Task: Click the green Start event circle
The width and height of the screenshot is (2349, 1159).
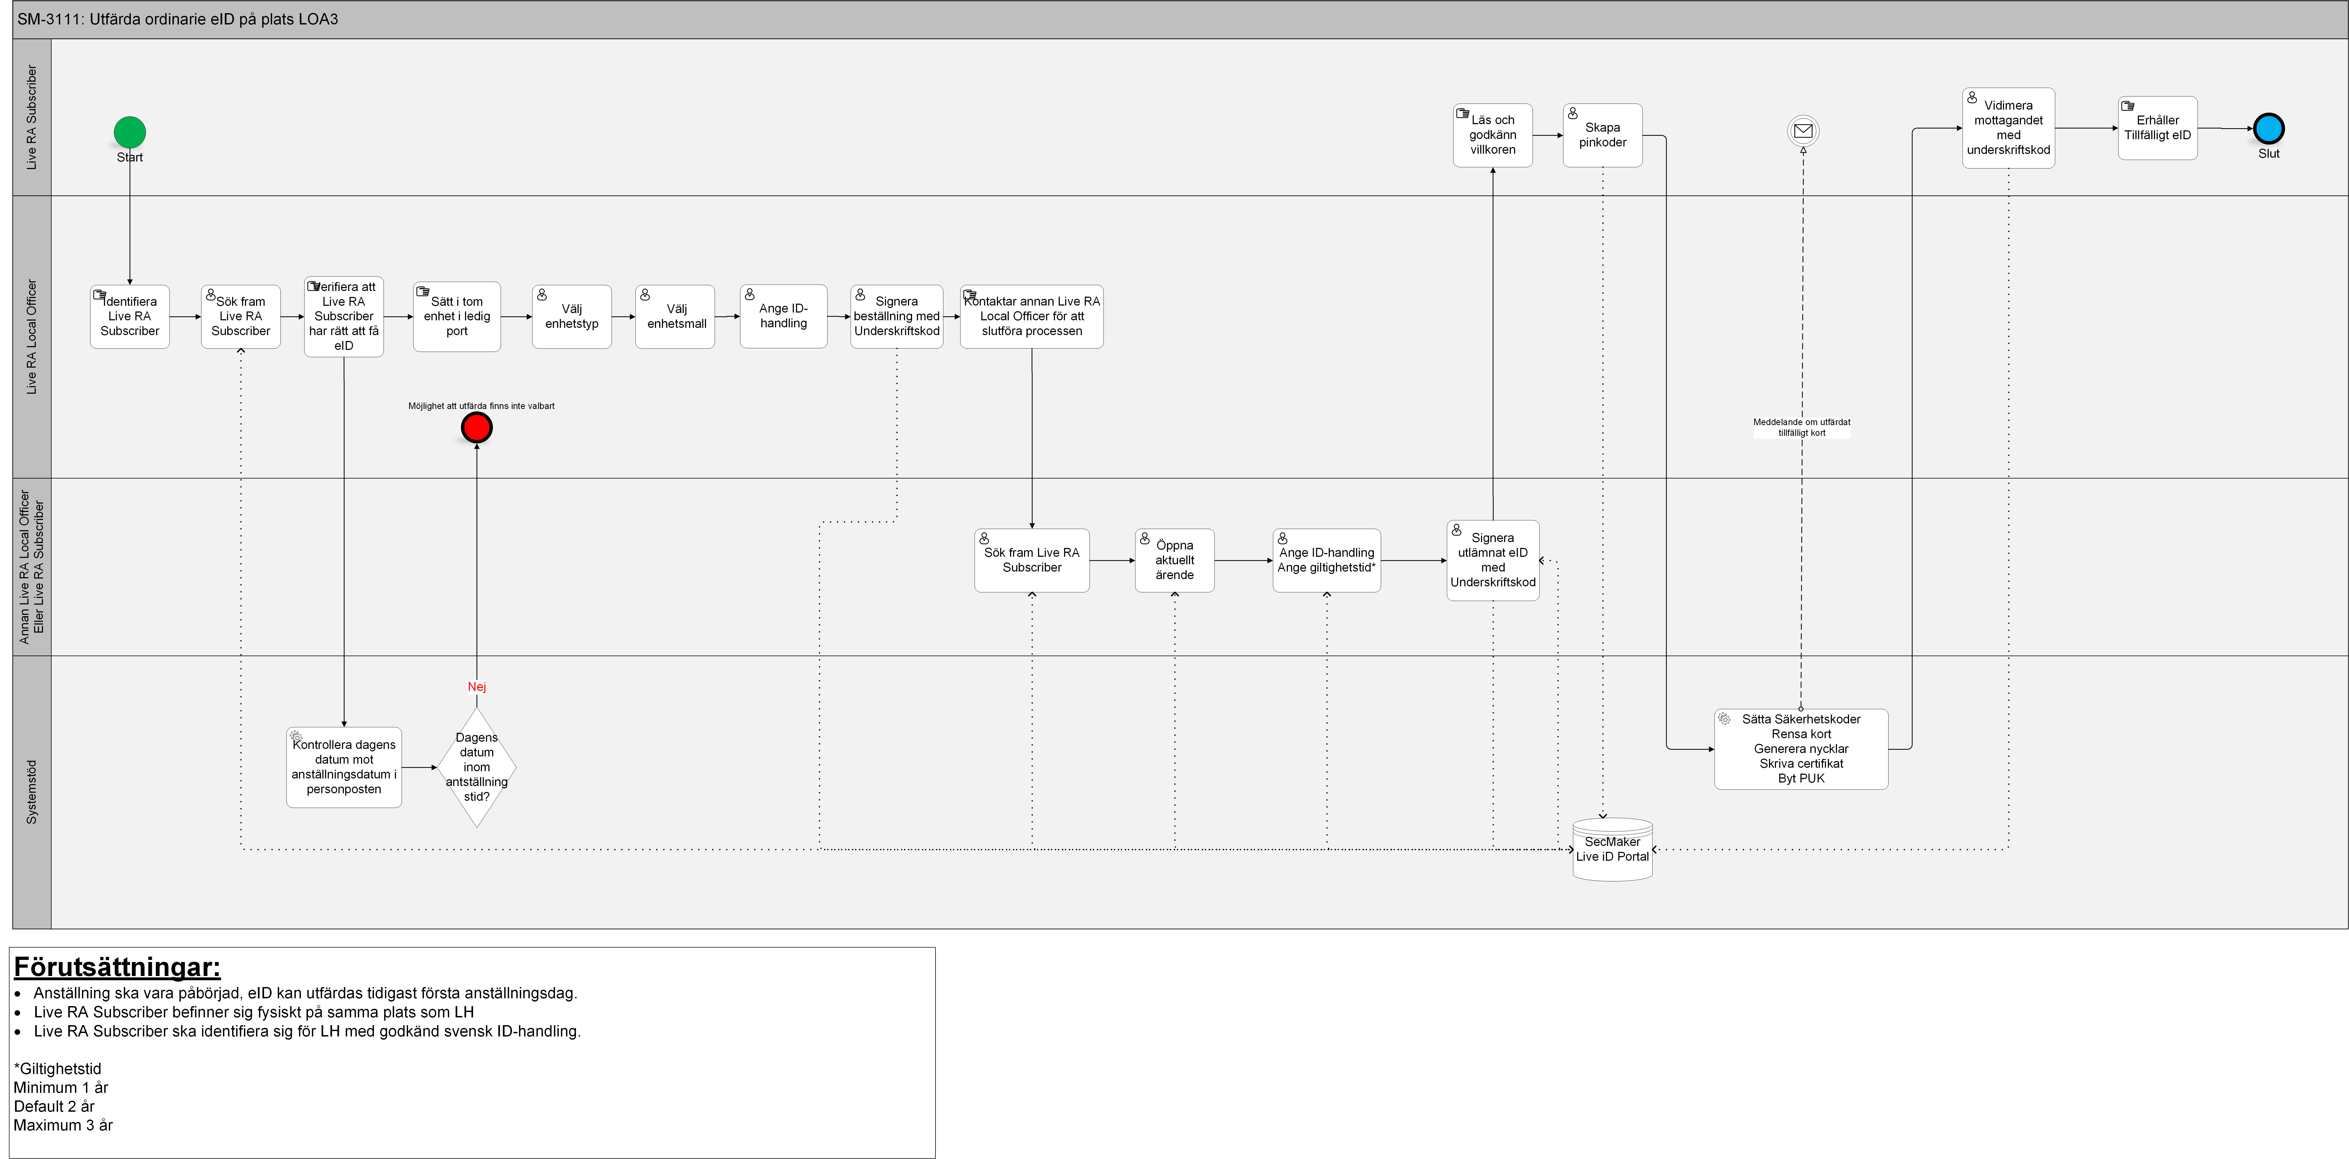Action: click(129, 132)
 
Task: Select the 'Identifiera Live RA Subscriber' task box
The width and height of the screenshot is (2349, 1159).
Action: click(129, 317)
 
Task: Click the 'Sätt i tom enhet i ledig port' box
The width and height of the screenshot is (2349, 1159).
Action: click(457, 317)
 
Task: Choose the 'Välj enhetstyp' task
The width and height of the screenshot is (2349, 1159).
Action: click(572, 317)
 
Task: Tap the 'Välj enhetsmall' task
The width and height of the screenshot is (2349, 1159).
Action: click(676, 317)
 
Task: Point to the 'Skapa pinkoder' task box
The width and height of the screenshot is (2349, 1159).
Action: click(1602, 135)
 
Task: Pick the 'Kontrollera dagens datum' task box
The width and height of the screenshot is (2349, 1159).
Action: click(344, 767)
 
